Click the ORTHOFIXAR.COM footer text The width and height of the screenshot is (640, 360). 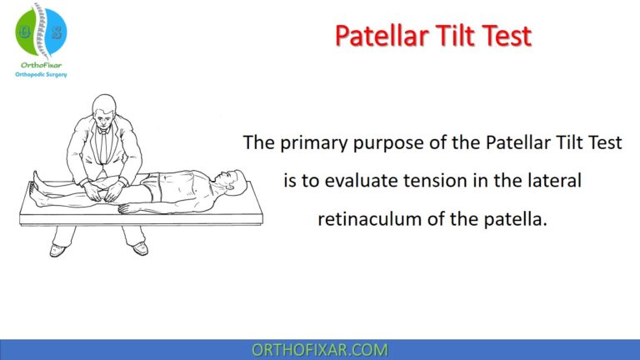tap(320, 349)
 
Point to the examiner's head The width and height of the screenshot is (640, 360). tap(106, 107)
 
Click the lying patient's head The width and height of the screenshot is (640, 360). tap(232, 178)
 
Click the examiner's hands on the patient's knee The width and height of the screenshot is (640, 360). tap(108, 192)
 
